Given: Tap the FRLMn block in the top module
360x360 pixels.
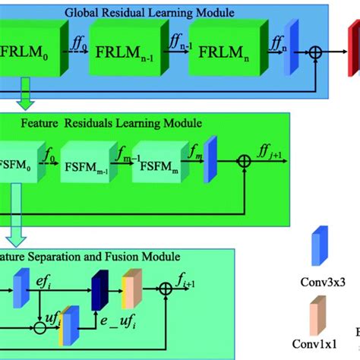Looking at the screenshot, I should pos(223,57).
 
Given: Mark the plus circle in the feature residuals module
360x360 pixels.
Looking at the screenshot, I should pos(243,160).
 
